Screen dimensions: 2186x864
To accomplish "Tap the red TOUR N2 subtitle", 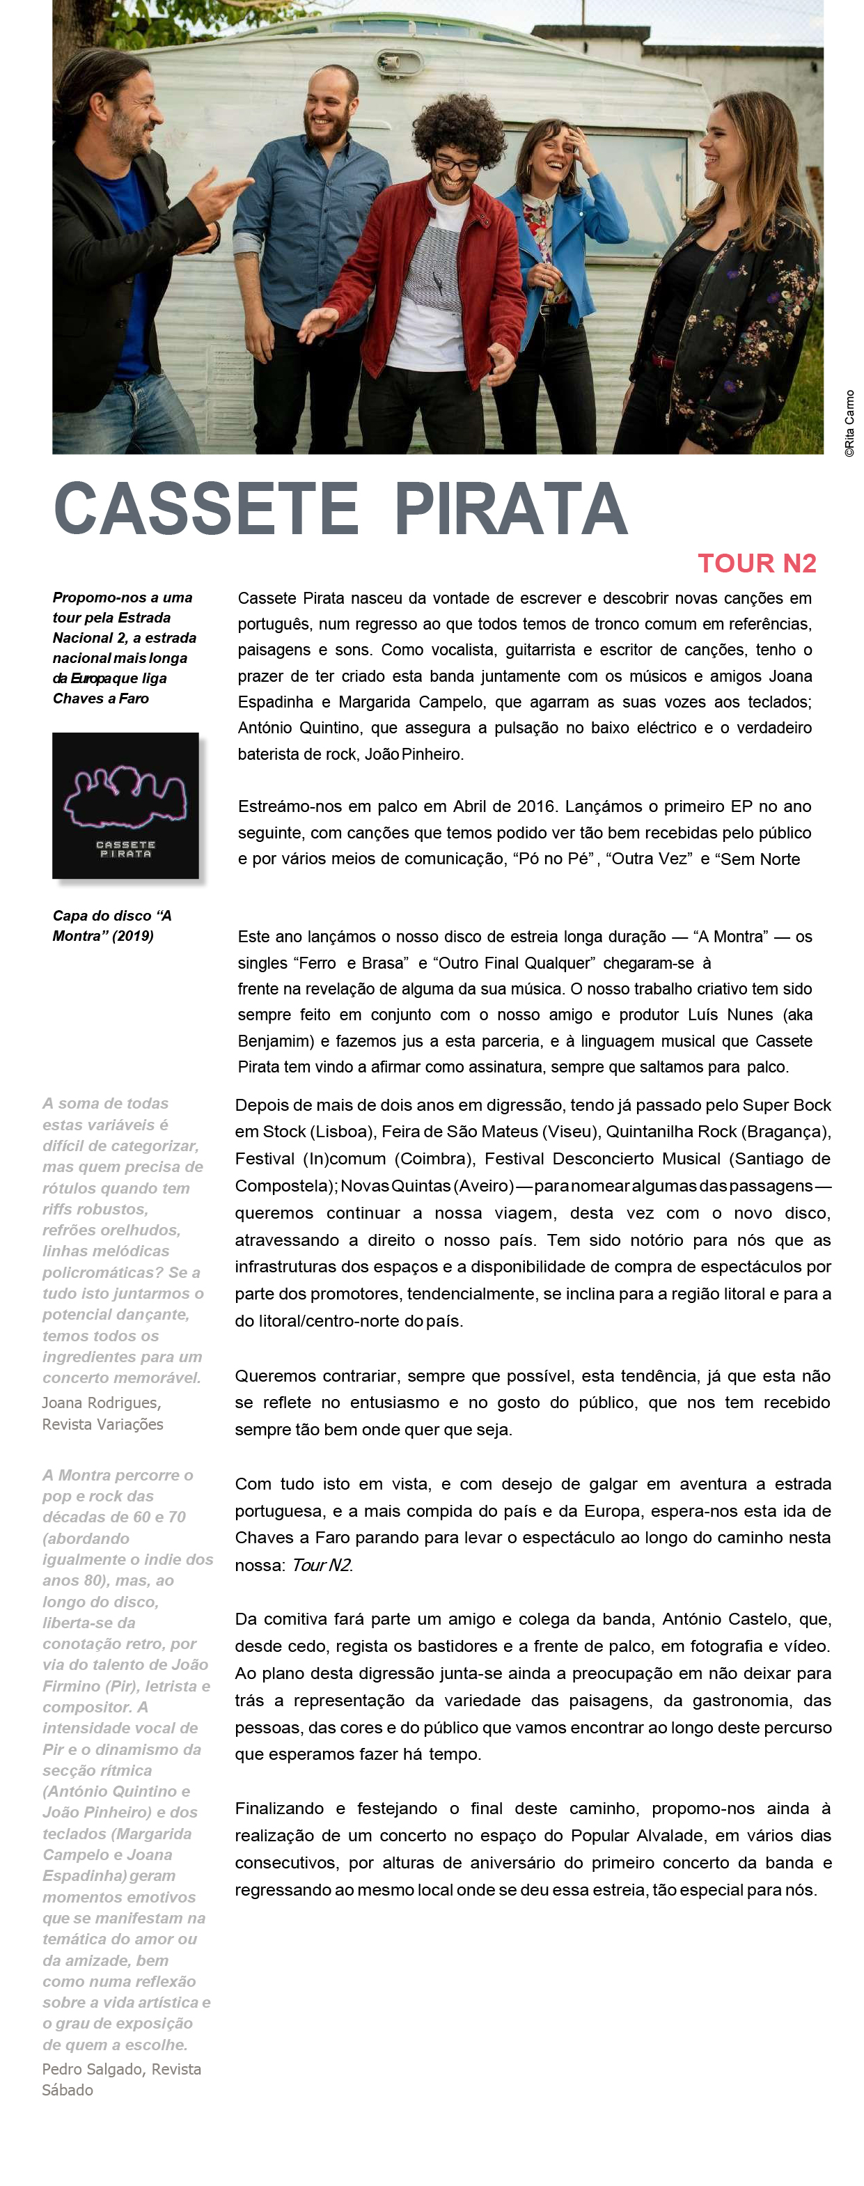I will click(x=756, y=563).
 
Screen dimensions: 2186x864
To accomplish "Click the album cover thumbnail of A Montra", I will click(x=125, y=805).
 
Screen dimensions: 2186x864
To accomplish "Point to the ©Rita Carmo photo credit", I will click(x=849, y=424).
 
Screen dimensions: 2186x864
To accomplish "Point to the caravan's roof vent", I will click(x=399, y=61).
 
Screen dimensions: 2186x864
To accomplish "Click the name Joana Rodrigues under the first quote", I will click(x=100, y=1403).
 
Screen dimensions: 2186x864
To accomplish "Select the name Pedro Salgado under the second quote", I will click(x=93, y=2069).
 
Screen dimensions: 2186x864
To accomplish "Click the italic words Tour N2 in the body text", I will click(x=321, y=1565).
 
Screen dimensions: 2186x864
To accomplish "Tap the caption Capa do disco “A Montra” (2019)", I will click(x=112, y=926).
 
